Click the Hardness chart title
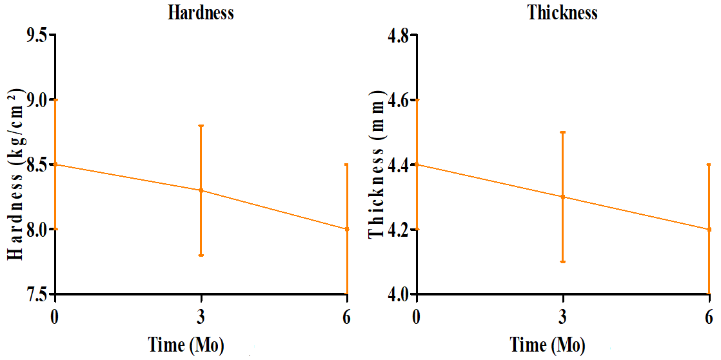tap(201, 13)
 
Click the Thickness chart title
tap(562, 13)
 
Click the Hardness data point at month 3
tap(201, 190)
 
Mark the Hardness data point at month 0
tap(55, 165)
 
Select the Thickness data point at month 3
tap(563, 197)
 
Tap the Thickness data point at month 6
tap(709, 229)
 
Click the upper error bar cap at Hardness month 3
tap(201, 126)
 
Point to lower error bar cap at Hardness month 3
tap(201, 255)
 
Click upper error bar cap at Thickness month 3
tap(563, 132)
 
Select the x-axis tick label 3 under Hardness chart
tap(201, 317)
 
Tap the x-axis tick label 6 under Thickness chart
tap(709, 317)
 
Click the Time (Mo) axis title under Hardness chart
tap(186, 345)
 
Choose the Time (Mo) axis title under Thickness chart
tap(548, 345)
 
